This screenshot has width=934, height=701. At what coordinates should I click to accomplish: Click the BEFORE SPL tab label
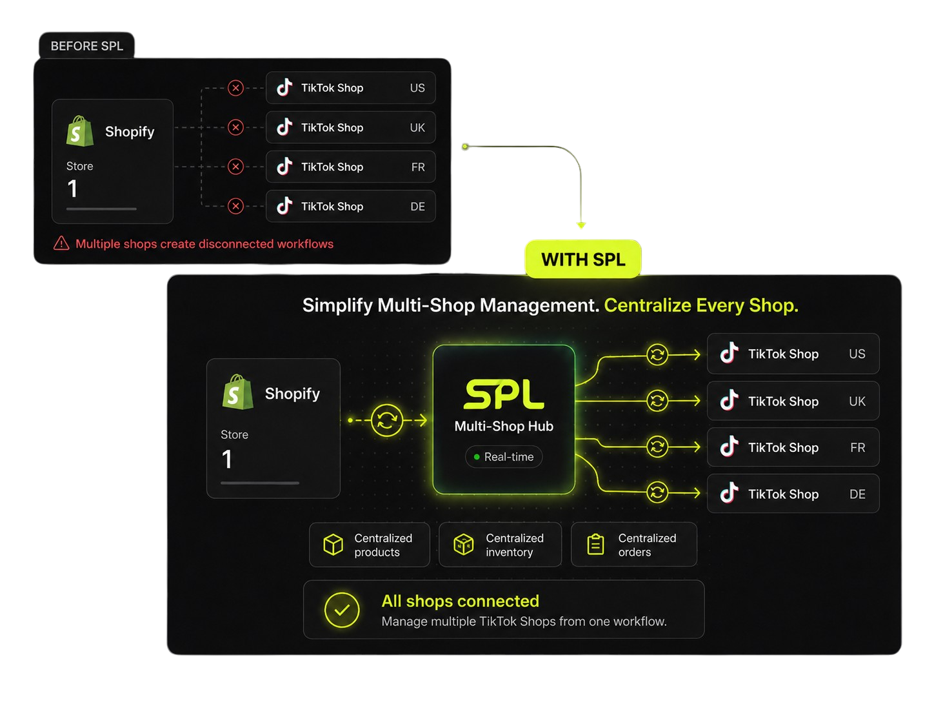point(87,46)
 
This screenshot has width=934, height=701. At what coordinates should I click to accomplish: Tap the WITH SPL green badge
point(583,259)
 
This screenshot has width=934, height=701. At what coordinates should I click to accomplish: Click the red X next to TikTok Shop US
point(235,88)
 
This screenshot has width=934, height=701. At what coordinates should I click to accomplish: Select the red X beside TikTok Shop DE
point(235,206)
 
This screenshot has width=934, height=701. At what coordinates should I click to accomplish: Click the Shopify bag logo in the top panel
point(79,131)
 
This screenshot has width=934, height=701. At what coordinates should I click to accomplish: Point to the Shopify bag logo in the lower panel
point(237,392)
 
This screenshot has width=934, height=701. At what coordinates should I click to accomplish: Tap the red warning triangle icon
point(61,243)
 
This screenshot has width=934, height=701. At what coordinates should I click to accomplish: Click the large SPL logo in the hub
point(503,394)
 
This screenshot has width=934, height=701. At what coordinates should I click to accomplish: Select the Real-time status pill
point(503,457)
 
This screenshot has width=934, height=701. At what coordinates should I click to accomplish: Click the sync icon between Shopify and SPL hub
point(386,420)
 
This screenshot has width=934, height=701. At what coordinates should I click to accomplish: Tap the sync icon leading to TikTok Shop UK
point(657,400)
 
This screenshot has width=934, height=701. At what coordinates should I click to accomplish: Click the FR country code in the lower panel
point(857,447)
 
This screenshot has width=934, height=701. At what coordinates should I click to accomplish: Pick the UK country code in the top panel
point(417,128)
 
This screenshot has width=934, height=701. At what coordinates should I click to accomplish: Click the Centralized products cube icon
point(333,544)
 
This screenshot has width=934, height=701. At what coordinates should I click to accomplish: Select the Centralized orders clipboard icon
point(595,544)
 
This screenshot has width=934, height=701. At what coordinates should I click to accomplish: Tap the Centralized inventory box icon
point(463,544)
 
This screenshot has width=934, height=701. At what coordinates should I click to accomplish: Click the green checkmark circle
point(341,610)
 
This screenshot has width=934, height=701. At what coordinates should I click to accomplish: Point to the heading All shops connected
point(460,601)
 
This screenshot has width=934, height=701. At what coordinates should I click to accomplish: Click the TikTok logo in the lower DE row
point(729,493)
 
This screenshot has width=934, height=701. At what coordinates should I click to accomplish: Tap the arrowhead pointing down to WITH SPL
point(581,225)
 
